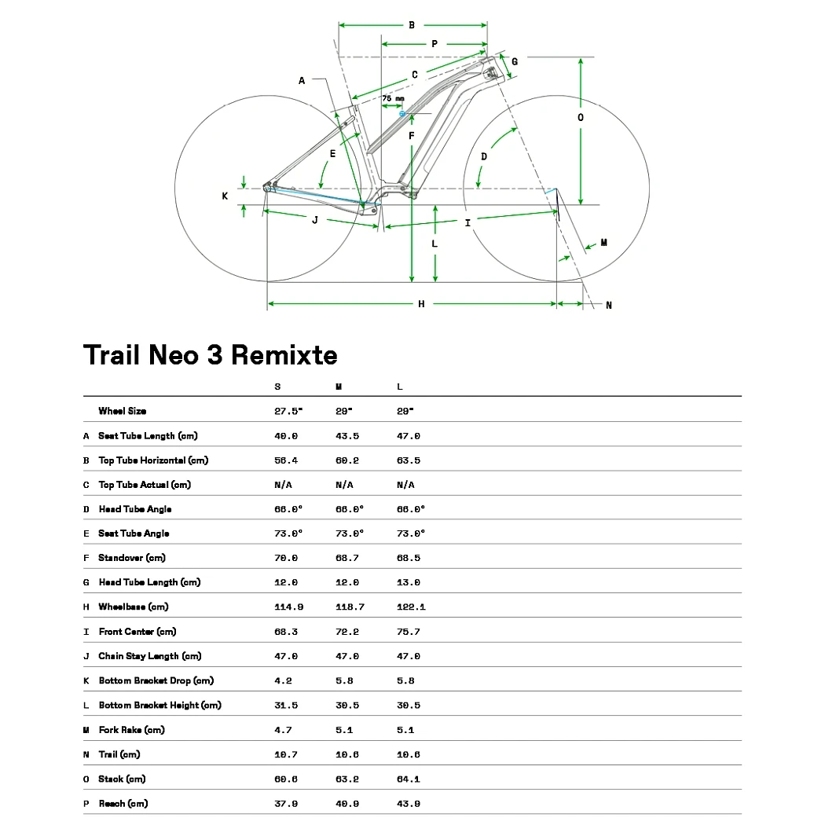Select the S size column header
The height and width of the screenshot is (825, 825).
coord(277,387)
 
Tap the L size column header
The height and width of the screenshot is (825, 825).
coord(400,387)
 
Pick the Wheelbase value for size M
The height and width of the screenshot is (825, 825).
coord(350,607)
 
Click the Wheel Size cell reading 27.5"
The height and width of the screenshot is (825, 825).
coord(288,411)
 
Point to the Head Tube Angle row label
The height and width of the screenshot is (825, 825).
coord(135,509)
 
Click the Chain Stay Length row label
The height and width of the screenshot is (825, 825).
coord(150,656)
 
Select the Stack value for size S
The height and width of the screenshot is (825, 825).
coord(286,779)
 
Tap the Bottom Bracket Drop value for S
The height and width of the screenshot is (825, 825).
coord(283,680)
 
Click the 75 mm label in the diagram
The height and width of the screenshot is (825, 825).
coord(393,98)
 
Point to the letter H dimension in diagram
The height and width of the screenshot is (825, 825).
coord(421,304)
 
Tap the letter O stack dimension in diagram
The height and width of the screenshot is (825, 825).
coord(581,117)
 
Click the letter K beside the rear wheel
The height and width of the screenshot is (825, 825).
coord(225,196)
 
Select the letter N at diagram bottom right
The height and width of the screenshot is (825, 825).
coord(608,306)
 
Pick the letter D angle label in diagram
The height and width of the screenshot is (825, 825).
coord(484,156)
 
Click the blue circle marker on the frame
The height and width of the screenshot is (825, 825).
coord(402,114)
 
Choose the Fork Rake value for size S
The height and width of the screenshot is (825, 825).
coord(283,730)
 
